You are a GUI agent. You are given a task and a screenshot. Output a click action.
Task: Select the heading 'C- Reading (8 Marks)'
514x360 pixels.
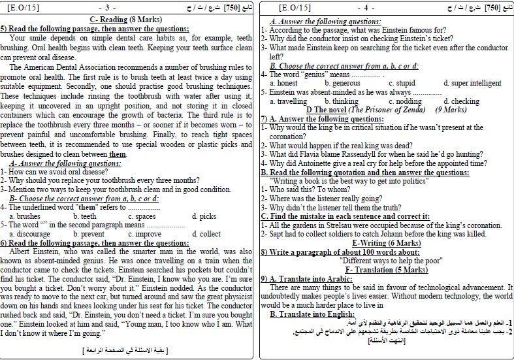click(x=127, y=20)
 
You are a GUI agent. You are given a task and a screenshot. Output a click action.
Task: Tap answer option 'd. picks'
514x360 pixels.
click(x=204, y=216)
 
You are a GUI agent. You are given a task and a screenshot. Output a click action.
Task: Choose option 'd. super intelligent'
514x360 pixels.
click(x=472, y=84)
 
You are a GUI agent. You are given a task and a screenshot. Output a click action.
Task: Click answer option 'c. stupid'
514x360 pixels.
click(x=402, y=84)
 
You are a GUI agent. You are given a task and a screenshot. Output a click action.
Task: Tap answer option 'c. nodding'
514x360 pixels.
click(x=405, y=101)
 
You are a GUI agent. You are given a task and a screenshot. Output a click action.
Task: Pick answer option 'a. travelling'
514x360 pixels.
click(x=288, y=101)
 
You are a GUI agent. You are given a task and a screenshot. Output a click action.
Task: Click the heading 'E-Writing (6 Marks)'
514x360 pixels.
click(x=386, y=242)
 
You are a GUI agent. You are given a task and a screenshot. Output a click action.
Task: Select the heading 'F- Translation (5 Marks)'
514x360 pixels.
click(x=386, y=269)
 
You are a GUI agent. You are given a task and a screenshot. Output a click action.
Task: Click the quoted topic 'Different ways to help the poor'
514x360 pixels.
click(x=387, y=260)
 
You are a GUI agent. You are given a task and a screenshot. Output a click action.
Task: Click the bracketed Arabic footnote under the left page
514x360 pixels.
click(x=127, y=350)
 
